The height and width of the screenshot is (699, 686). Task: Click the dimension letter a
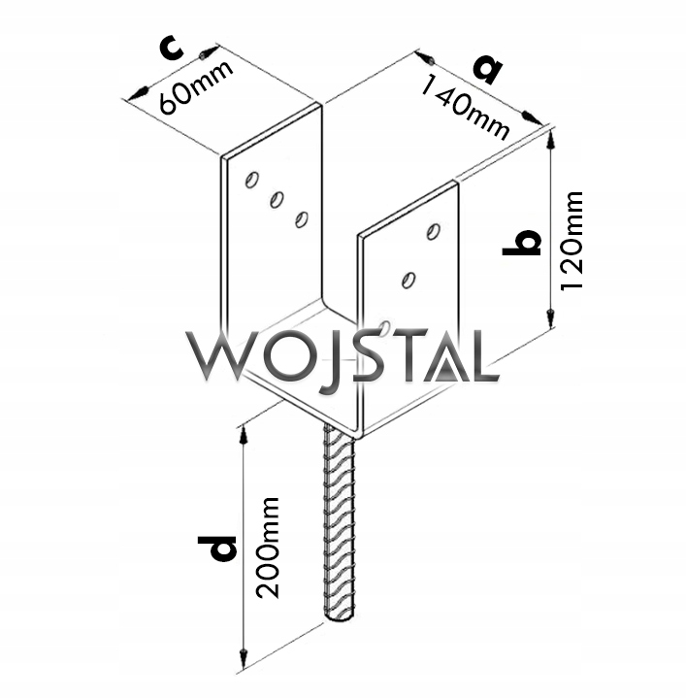488,68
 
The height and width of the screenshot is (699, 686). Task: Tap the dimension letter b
522,242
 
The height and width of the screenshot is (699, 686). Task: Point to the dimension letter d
221,549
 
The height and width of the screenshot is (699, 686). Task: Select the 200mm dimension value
270,548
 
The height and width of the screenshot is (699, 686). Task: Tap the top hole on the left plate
251,180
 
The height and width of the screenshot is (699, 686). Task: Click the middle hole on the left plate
277,199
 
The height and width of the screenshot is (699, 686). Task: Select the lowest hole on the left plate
302,218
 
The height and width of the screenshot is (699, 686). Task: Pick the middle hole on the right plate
408,281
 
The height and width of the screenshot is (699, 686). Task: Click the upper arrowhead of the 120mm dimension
551,139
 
